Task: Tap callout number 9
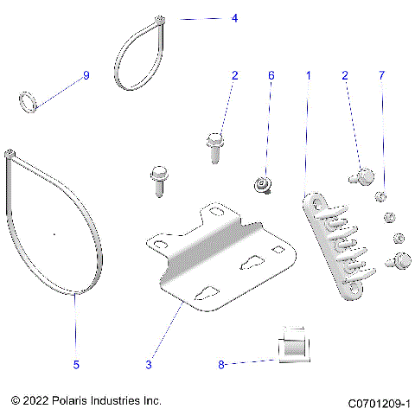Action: pyautogui.click(x=86, y=76)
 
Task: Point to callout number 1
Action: pyautogui.click(x=308, y=76)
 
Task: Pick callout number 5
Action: pyautogui.click(x=76, y=365)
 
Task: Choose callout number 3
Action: pyautogui.click(x=148, y=365)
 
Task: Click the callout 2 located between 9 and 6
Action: pyautogui.click(x=233, y=76)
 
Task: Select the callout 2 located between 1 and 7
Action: pyautogui.click(x=346, y=76)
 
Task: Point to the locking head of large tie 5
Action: pyautogui.click(x=10, y=155)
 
